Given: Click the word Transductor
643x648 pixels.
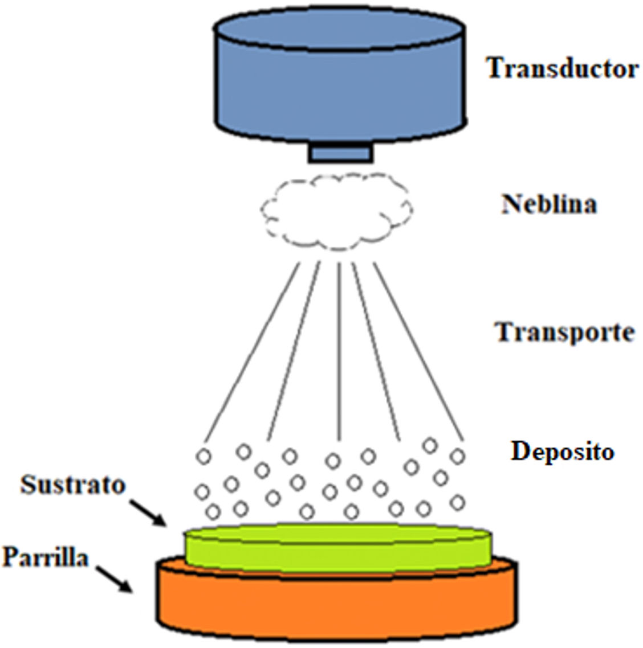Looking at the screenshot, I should pyautogui.click(x=561, y=68).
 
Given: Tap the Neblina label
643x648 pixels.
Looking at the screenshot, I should pyautogui.click(x=549, y=203).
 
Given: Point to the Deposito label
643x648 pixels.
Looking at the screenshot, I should pyautogui.click(x=563, y=452).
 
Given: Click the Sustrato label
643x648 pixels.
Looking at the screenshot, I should pyautogui.click(x=73, y=485).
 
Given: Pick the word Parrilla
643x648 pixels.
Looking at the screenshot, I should pyautogui.click(x=46, y=557).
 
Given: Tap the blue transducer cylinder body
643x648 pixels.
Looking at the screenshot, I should pyautogui.click(x=341, y=91).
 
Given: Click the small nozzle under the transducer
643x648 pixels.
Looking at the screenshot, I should pyautogui.click(x=341, y=152).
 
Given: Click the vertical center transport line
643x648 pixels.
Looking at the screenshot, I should pyautogui.click(x=339, y=353).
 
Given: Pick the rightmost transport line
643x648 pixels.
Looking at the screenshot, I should pyautogui.click(x=419, y=353).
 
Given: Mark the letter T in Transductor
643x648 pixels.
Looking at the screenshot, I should pyautogui.click(x=494, y=68).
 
